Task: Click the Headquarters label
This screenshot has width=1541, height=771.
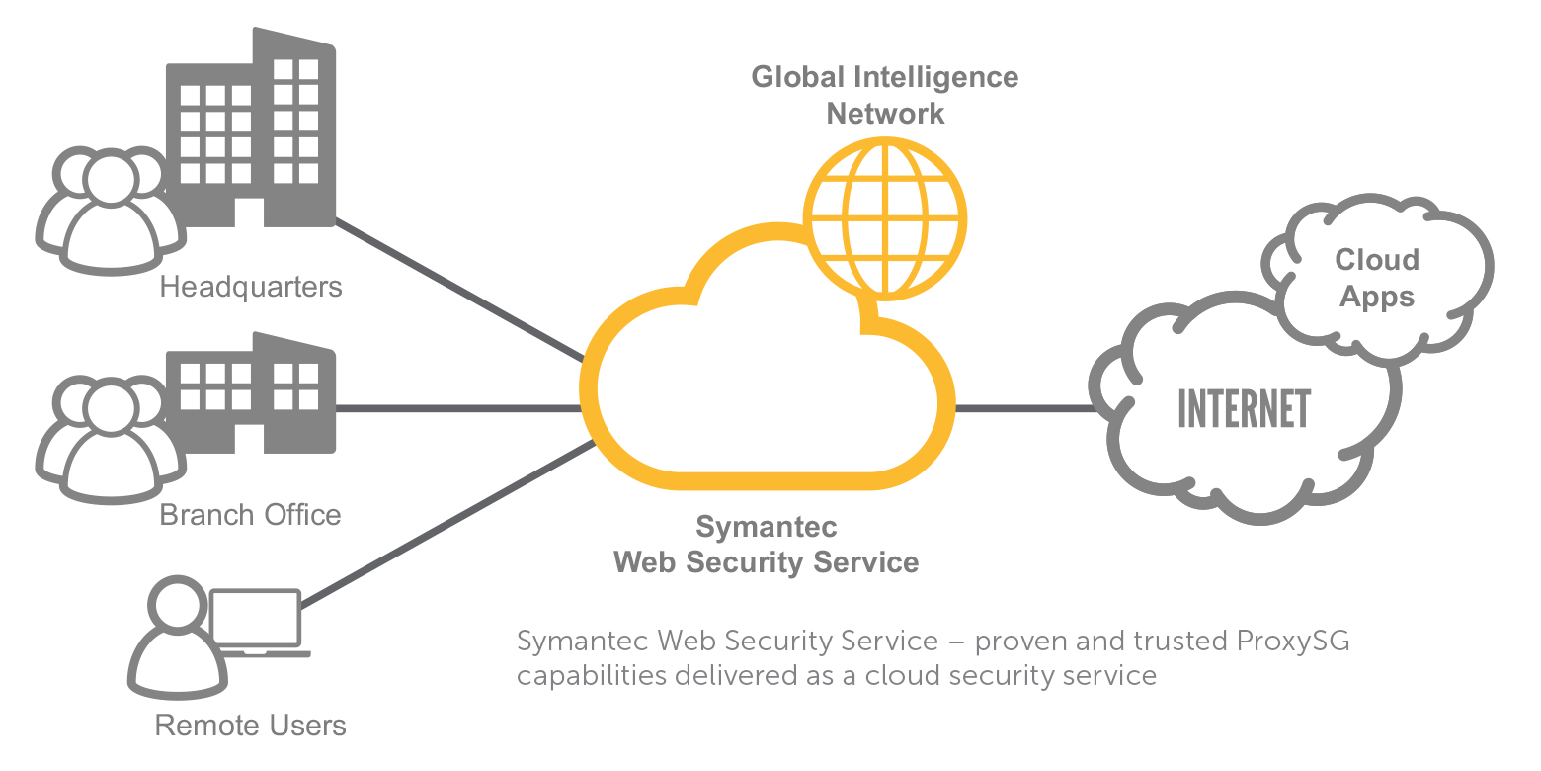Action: (x=251, y=287)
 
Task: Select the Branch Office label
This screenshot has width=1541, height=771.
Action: (x=250, y=515)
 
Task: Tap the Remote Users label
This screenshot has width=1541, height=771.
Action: (x=251, y=726)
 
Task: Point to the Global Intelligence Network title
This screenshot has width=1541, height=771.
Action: (x=885, y=95)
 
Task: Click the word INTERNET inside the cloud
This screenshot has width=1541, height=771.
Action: (x=1244, y=409)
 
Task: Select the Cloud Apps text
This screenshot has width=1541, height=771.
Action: (x=1377, y=278)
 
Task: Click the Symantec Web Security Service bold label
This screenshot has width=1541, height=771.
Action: (x=767, y=544)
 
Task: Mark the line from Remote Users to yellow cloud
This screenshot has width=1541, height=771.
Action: (x=449, y=525)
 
